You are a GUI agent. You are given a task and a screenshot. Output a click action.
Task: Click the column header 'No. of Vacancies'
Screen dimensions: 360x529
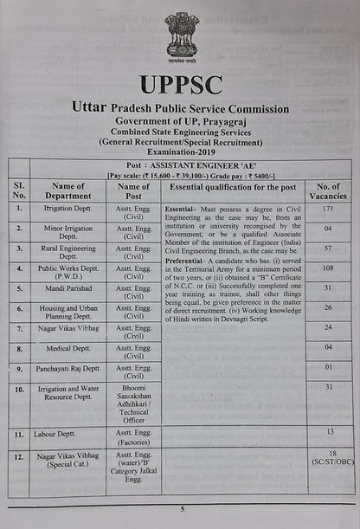(328, 191)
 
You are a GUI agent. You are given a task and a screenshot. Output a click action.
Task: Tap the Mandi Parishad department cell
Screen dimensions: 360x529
(68, 287)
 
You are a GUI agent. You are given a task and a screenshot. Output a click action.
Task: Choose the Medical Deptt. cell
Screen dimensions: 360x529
(68, 351)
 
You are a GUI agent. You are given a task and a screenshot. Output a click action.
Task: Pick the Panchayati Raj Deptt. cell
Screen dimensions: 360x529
(68, 369)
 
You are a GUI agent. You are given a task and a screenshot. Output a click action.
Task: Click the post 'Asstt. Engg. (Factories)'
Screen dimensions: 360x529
(133, 436)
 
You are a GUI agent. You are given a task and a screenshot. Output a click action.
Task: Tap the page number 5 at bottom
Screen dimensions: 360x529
(182, 509)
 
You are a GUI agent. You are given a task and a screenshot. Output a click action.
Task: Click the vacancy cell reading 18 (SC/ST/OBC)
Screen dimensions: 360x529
(330, 458)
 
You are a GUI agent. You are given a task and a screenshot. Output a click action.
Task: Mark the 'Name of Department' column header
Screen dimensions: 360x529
(68, 191)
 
